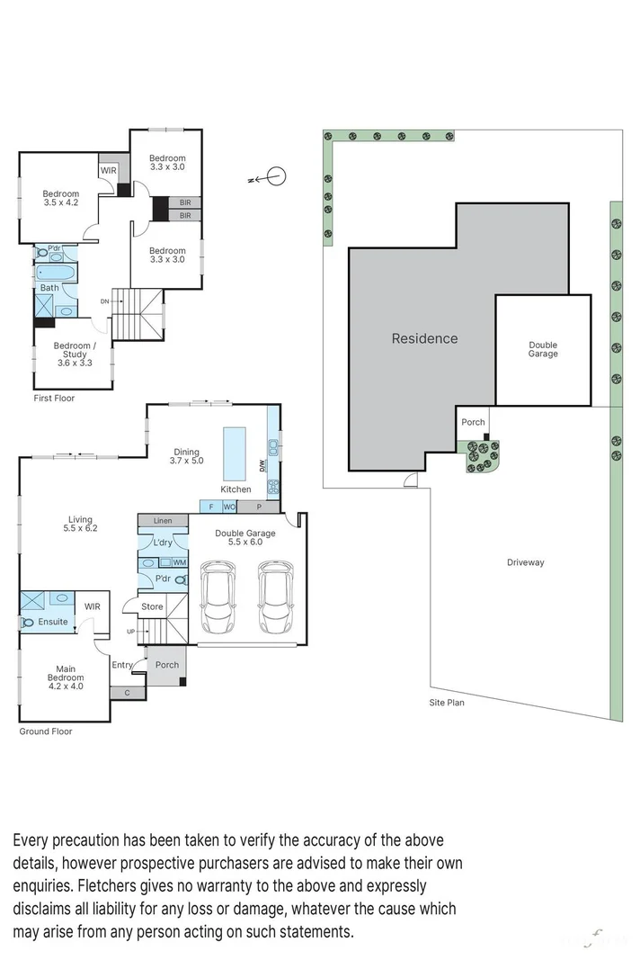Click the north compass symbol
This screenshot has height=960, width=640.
point(276,177)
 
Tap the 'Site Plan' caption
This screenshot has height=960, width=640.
point(446,703)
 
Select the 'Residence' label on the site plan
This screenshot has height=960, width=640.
point(424,338)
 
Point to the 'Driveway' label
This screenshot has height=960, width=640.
point(525,562)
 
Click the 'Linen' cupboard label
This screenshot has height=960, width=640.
point(163,521)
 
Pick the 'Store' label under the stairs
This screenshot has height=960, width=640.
point(153,606)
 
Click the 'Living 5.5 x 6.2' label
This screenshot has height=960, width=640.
point(81,524)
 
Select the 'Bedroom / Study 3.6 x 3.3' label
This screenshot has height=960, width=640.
point(72,354)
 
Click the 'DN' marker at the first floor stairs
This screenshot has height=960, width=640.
point(104,301)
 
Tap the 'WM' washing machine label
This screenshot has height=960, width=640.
point(179,562)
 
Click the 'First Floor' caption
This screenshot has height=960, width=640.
point(53,398)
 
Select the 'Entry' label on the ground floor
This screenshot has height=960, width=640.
point(122,665)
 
